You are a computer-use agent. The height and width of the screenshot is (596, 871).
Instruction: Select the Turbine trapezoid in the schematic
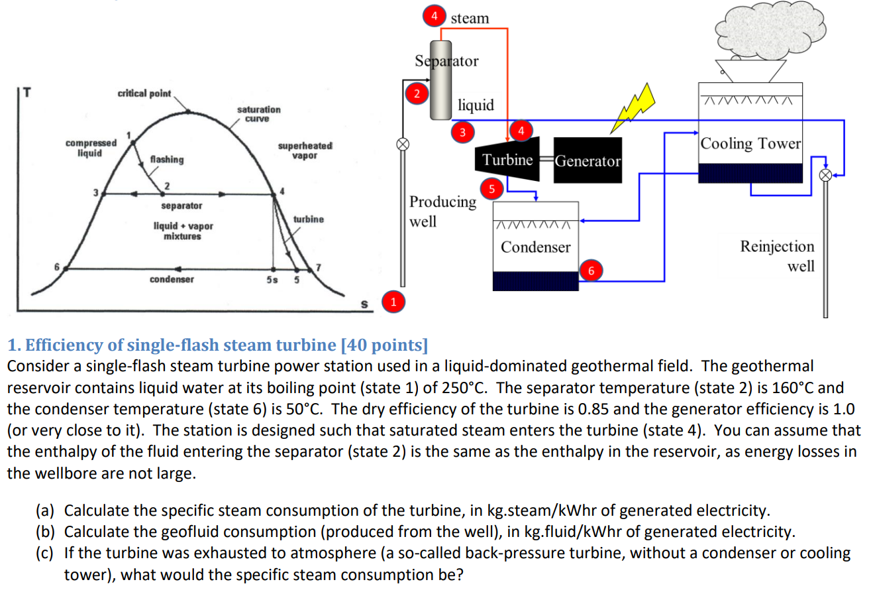coord(507,160)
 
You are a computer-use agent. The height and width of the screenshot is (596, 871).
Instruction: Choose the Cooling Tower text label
coord(751,144)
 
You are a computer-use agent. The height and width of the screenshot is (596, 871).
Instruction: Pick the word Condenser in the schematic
coord(535,247)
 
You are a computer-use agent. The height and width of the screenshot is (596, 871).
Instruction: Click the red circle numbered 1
coord(393,302)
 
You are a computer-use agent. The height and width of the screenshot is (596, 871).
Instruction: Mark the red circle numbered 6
coord(591,270)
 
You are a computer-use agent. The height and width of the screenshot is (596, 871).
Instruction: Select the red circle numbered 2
coord(417,93)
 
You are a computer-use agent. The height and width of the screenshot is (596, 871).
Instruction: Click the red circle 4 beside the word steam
coord(435,16)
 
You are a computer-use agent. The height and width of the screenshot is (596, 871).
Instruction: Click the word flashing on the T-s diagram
coord(168,160)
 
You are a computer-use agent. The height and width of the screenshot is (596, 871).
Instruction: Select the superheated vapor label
coord(306,149)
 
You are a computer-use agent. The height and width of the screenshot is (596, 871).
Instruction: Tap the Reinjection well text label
coord(777,256)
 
